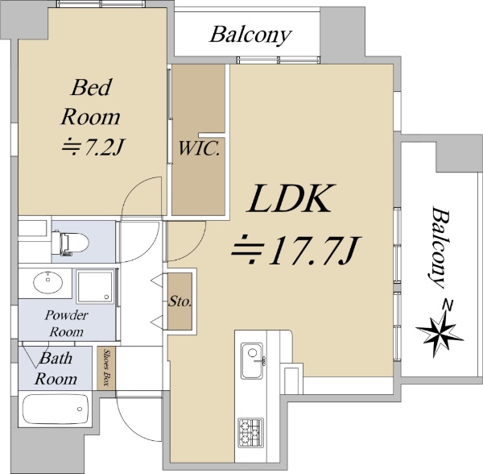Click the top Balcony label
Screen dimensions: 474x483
click(x=250, y=35)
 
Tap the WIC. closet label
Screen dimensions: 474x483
click(x=200, y=148)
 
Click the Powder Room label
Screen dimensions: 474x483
click(x=67, y=322)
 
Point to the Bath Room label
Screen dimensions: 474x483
click(x=58, y=368)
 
